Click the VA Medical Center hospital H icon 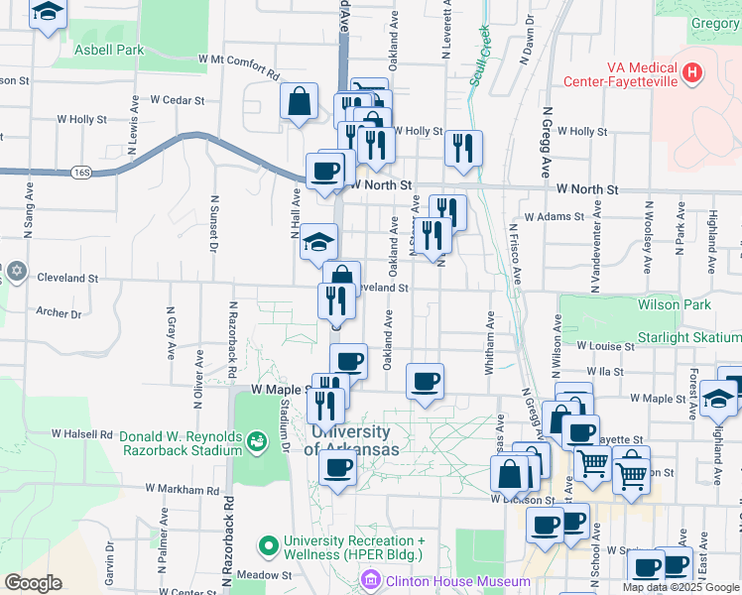(x=692, y=72)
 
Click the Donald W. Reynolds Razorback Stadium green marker (x=257, y=438)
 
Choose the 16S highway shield (x=81, y=173)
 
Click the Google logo (x=34, y=583)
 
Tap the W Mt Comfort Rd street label (x=238, y=65)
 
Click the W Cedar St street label (x=177, y=100)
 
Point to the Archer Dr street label (x=59, y=313)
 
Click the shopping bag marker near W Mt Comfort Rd (x=299, y=101)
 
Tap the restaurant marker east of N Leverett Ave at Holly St (x=463, y=148)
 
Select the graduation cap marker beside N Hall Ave (x=319, y=241)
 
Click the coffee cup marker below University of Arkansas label (x=337, y=469)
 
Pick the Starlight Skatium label (x=689, y=338)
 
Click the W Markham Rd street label (x=182, y=489)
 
